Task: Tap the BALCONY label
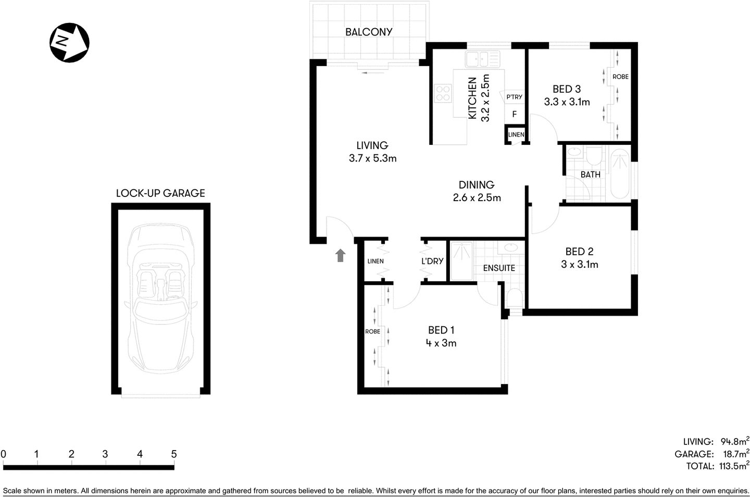click(369, 32)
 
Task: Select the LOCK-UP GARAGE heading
click(160, 193)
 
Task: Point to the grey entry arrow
click(341, 255)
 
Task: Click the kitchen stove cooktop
click(443, 94)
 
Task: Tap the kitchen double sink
click(482, 59)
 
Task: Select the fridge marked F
click(514, 114)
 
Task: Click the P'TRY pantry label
click(514, 97)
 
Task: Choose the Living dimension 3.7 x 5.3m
click(372, 158)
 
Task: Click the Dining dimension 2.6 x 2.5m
click(477, 197)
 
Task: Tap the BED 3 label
click(567, 89)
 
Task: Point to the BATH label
click(590, 175)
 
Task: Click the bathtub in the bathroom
click(620, 174)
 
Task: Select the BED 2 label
click(579, 252)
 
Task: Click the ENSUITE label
click(498, 268)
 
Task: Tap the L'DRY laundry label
click(432, 261)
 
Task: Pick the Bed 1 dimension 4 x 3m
click(441, 343)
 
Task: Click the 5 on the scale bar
click(174, 454)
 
